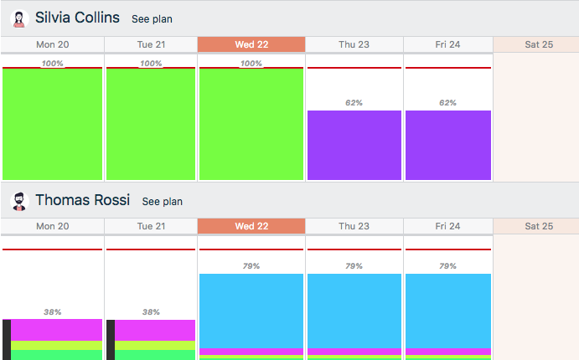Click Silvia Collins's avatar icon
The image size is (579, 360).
(x=18, y=18)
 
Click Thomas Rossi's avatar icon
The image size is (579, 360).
(x=18, y=201)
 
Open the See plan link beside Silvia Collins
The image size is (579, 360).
(x=152, y=19)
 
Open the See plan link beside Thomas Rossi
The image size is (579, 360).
(x=162, y=202)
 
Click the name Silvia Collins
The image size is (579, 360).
(x=77, y=18)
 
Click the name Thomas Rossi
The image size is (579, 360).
(x=82, y=200)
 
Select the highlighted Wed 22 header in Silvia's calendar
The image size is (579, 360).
(x=251, y=44)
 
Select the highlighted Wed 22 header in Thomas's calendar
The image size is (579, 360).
(x=251, y=226)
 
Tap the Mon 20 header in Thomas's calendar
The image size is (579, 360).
(x=52, y=226)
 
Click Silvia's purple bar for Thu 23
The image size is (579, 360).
(x=354, y=145)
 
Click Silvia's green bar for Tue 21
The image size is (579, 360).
(x=151, y=124)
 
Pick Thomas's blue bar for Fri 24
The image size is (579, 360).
(x=448, y=310)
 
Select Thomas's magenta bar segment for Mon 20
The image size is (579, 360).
(x=56, y=330)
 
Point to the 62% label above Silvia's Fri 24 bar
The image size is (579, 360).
(x=448, y=103)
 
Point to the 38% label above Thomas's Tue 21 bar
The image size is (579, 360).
(x=151, y=312)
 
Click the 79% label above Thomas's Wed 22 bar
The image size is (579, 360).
(x=251, y=266)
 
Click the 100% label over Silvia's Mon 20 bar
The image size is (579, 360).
(x=52, y=64)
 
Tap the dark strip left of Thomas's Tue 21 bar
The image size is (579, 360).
(x=111, y=339)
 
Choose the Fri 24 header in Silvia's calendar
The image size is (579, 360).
(x=448, y=44)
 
